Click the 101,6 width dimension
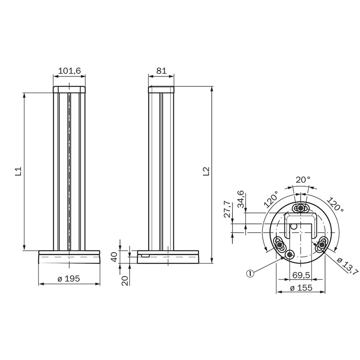(69, 71)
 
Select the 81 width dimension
(162, 71)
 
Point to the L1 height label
(18, 171)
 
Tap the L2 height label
(206, 171)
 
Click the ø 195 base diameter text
(69, 279)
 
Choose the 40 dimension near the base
(114, 257)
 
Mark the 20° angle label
(302, 180)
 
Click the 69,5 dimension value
(300, 275)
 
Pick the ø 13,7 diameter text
(347, 266)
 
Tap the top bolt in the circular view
(300, 207)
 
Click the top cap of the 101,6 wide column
(69, 89)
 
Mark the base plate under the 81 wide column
(167, 257)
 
